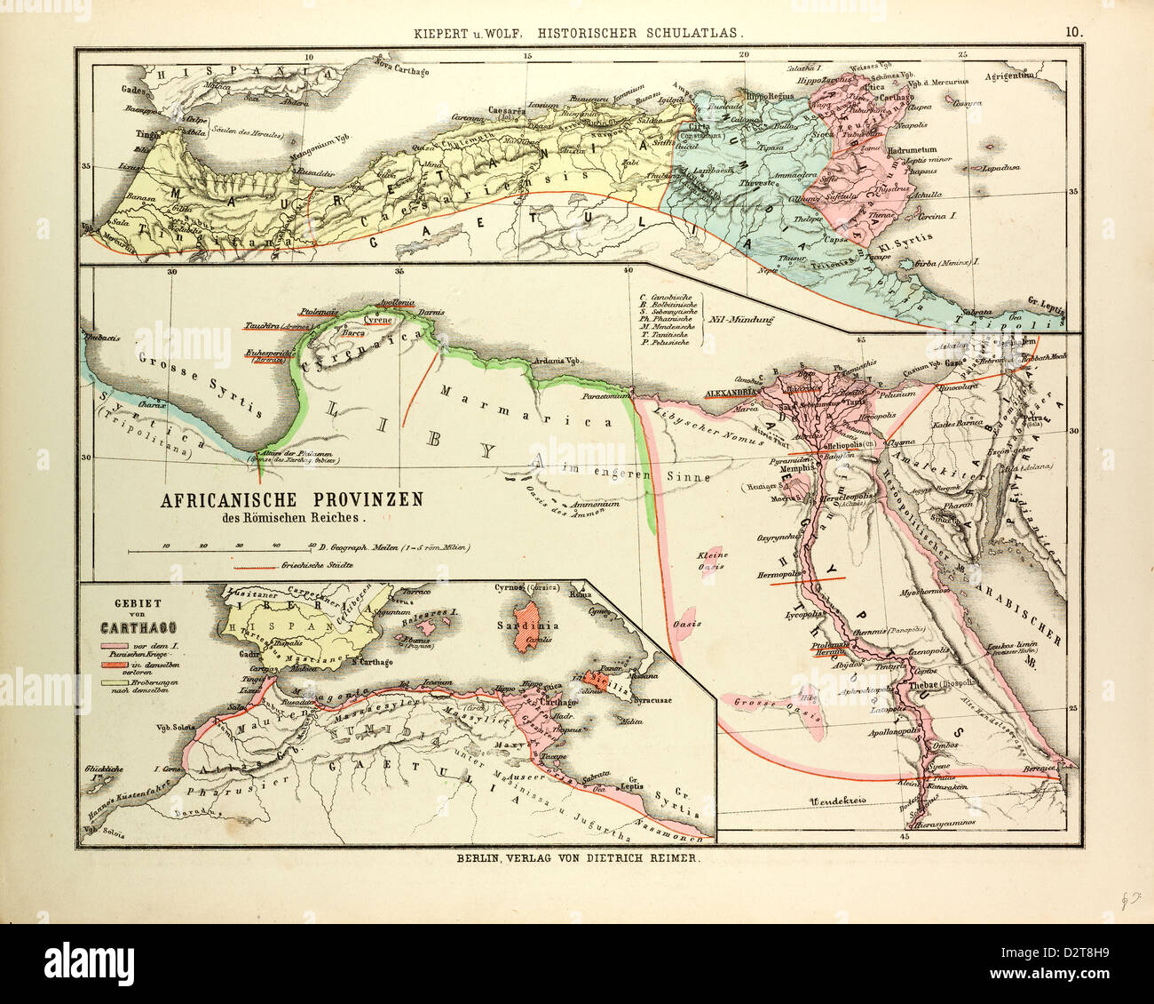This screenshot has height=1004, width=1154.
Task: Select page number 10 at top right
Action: click(1074, 30)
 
